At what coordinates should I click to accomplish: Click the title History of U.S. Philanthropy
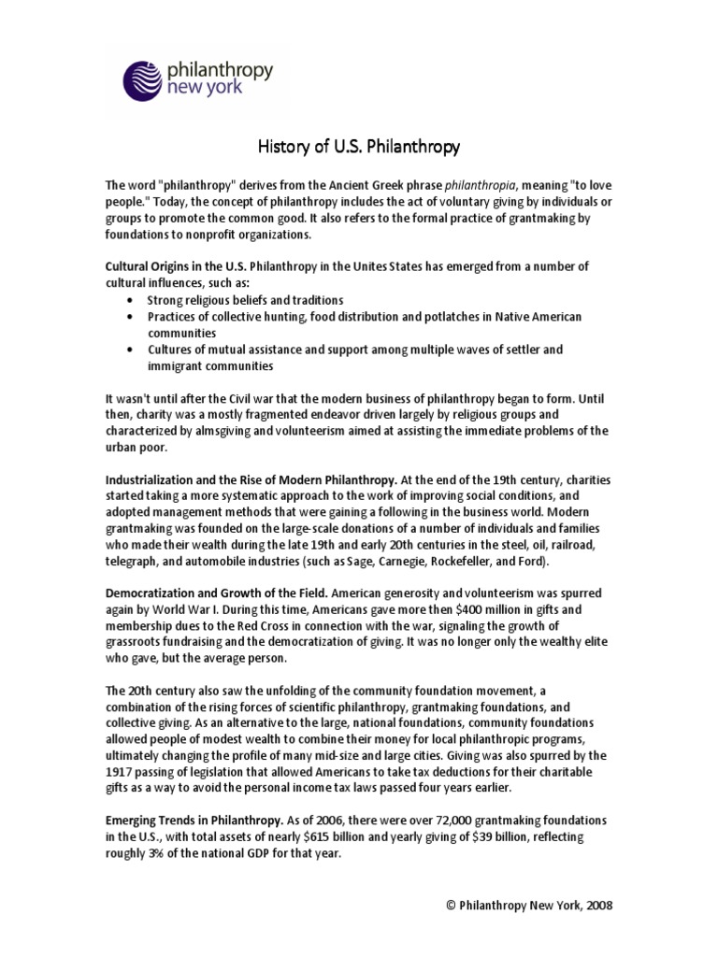coord(358,147)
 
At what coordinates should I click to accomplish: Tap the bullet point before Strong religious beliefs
coord(128,300)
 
